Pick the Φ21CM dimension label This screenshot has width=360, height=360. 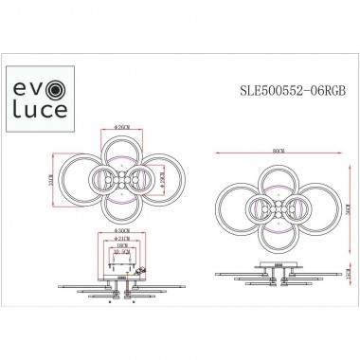click(x=121, y=234)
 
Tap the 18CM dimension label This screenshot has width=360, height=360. click(x=121, y=243)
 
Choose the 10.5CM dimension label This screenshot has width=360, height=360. click(x=121, y=251)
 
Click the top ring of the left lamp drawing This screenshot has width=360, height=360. click(x=122, y=152)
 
